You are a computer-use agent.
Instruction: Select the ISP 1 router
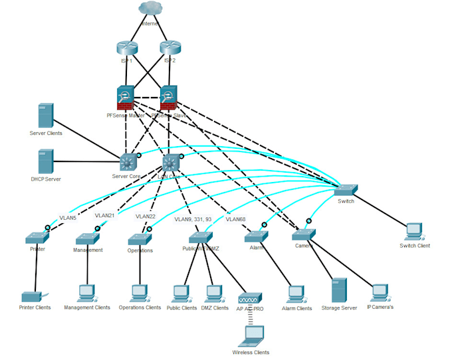pyautogui.click(x=126, y=48)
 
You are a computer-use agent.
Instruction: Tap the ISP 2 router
pyautogui.click(x=170, y=48)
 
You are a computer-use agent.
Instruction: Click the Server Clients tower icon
pyautogui.click(x=45, y=116)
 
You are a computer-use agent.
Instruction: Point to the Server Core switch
pyautogui.click(x=127, y=161)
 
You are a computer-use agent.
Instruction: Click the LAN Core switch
pyautogui.click(x=171, y=163)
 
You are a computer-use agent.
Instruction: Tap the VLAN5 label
pyautogui.click(x=68, y=217)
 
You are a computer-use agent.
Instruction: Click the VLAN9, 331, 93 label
pyautogui.click(x=193, y=219)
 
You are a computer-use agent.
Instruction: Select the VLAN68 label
pyautogui.click(x=236, y=219)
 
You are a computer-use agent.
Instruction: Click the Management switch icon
pyautogui.click(x=87, y=238)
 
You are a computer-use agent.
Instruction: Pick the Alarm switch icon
pyautogui.click(x=255, y=236)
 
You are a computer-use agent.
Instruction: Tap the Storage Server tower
pyautogui.click(x=340, y=290)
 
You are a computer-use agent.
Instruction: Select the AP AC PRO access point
pyautogui.click(x=251, y=300)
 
